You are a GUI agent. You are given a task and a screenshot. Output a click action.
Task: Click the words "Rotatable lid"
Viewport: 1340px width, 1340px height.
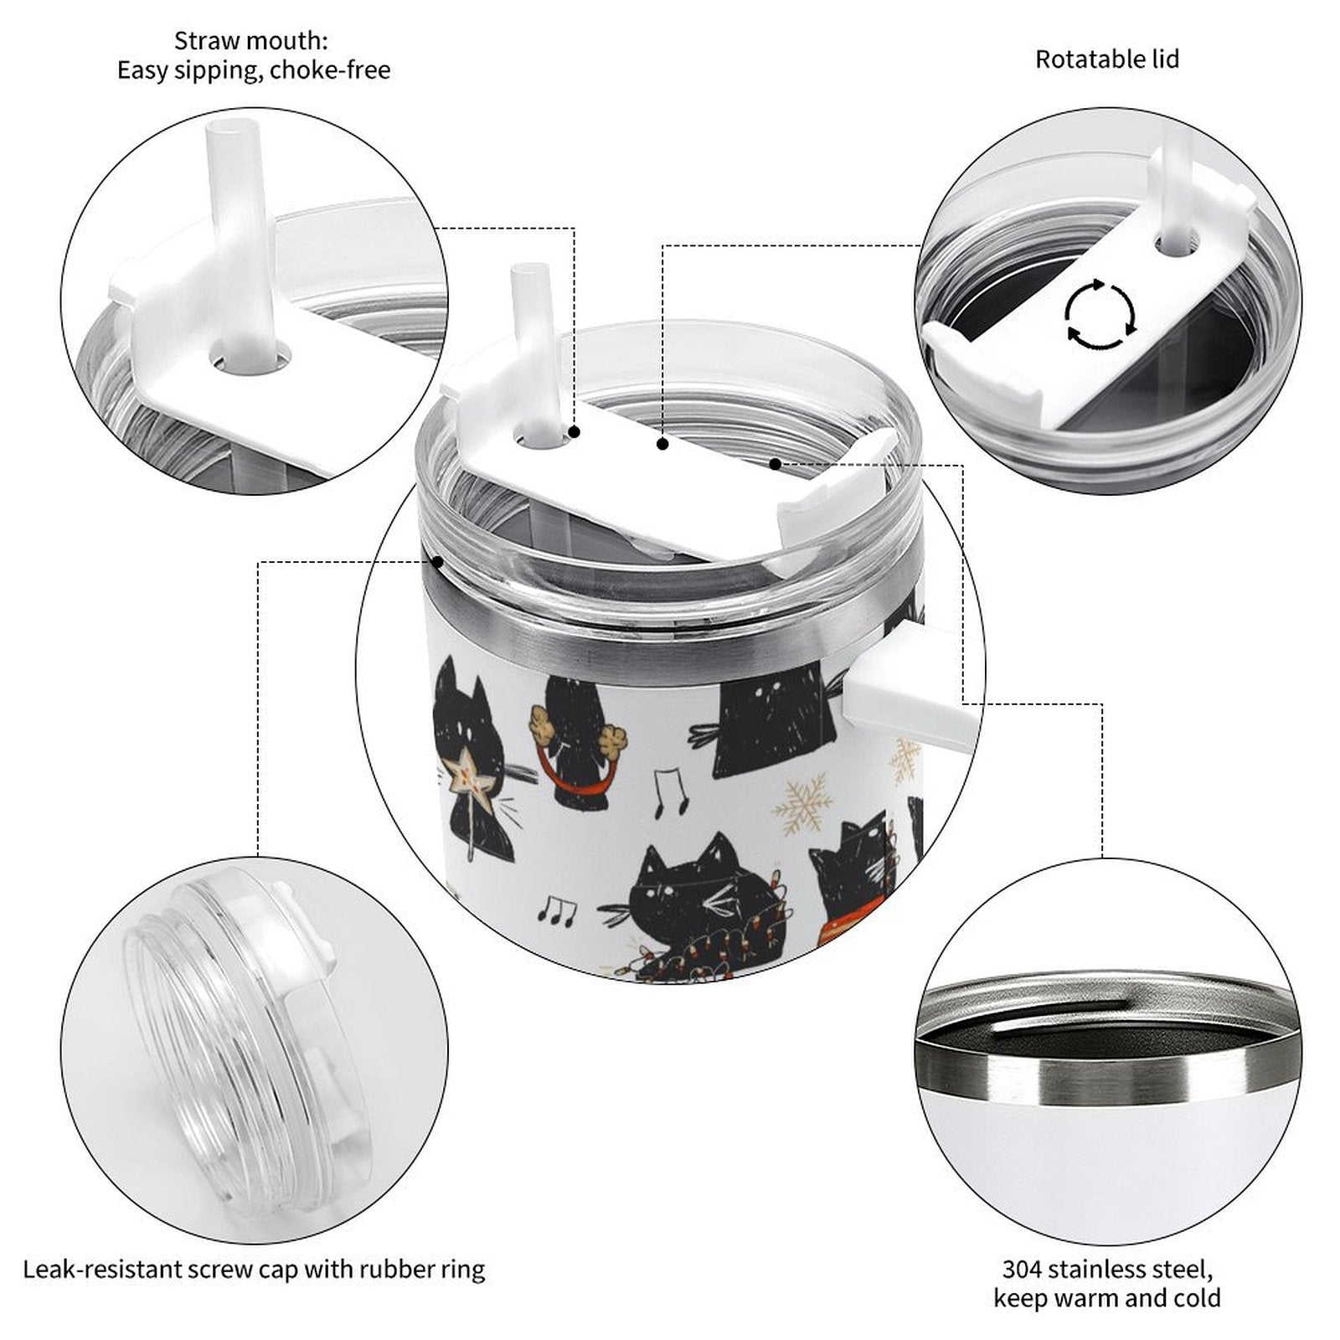click(1106, 59)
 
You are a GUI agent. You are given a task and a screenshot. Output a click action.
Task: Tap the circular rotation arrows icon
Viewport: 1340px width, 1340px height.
click(1100, 315)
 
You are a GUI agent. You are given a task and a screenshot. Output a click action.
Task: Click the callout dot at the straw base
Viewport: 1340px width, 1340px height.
click(575, 432)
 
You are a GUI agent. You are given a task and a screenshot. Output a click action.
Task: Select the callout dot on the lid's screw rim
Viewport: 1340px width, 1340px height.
click(436, 562)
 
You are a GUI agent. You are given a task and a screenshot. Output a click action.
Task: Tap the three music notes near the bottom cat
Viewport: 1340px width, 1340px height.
click(555, 910)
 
